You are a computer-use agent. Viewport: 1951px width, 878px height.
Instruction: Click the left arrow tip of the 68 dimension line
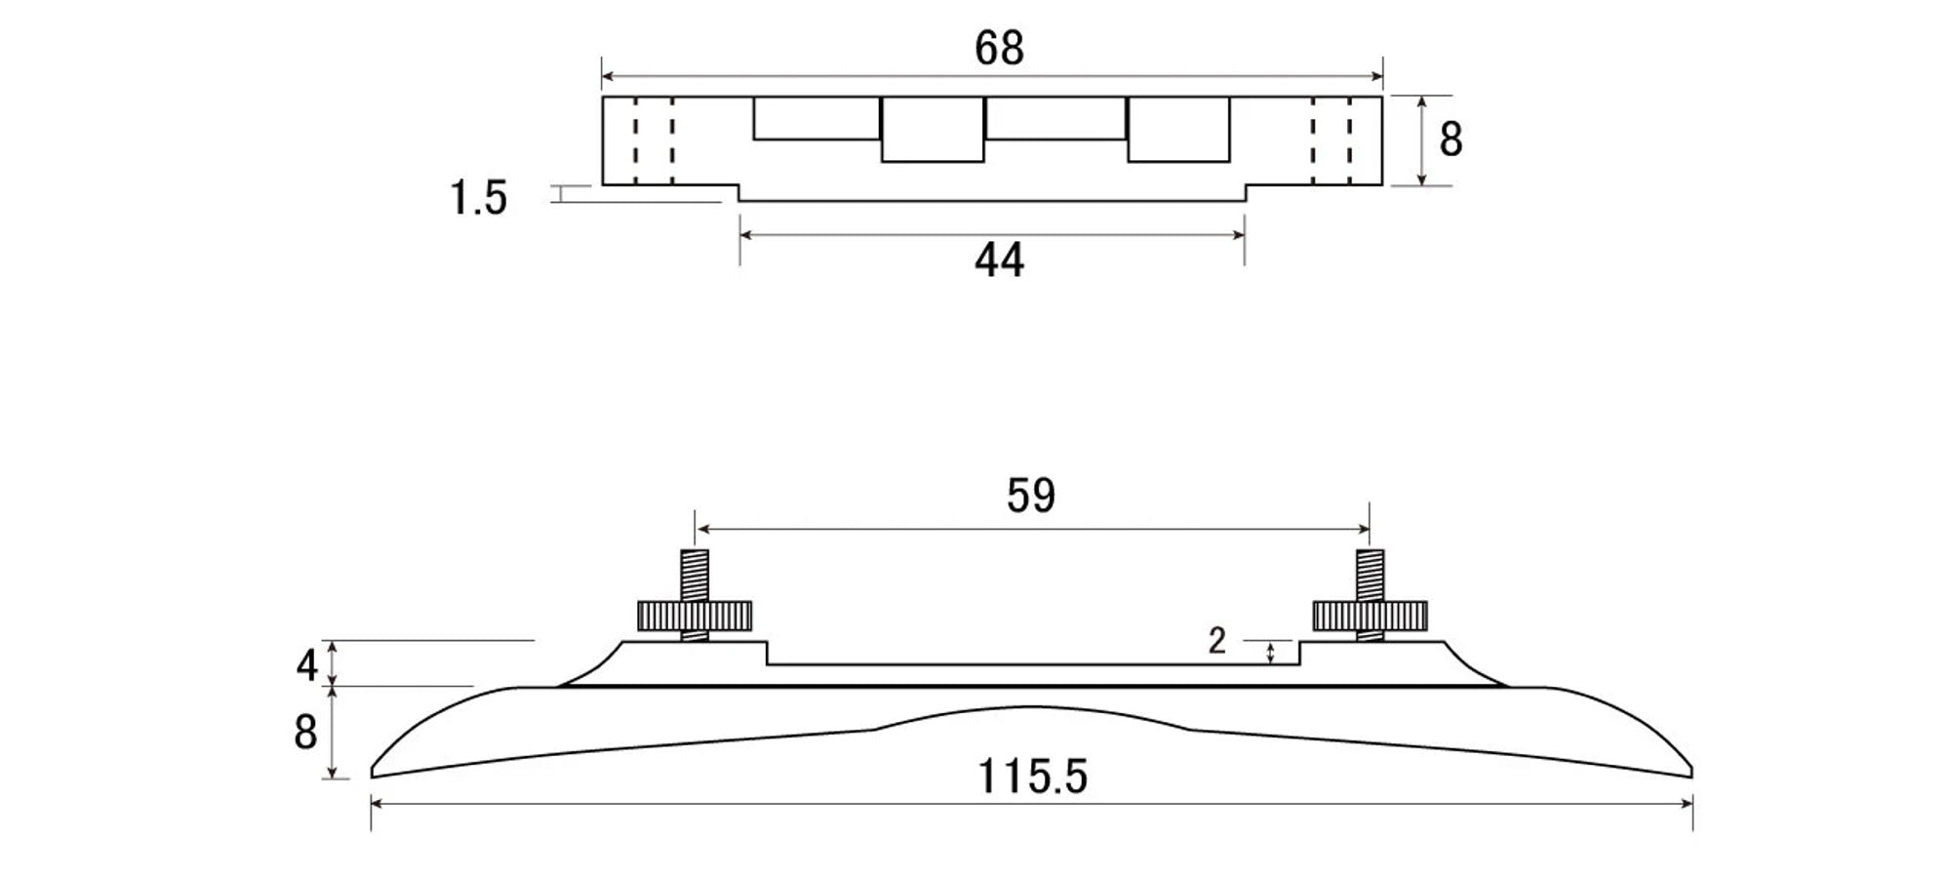click(x=603, y=75)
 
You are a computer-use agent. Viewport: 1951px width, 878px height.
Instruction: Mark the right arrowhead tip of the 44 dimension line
click(x=1245, y=234)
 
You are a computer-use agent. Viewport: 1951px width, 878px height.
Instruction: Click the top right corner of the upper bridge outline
click(x=1382, y=97)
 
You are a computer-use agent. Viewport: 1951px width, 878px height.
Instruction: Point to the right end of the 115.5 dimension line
click(x=1692, y=803)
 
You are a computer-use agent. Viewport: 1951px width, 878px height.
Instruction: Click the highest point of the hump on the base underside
click(x=1029, y=707)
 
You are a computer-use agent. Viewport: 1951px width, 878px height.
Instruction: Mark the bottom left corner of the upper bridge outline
click(x=603, y=184)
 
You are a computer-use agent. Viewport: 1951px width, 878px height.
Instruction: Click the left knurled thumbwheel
click(x=695, y=616)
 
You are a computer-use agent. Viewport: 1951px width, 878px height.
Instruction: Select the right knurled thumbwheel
click(x=1370, y=616)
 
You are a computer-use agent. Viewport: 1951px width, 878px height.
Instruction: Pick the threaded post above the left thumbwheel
click(x=695, y=576)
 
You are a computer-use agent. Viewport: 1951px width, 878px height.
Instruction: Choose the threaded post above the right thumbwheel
click(x=1370, y=576)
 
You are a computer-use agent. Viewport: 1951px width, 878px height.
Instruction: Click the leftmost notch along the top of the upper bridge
click(x=816, y=118)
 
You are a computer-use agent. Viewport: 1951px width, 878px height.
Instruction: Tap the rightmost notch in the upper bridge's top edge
click(x=1178, y=129)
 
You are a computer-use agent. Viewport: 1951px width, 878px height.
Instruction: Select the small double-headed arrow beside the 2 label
click(x=1270, y=653)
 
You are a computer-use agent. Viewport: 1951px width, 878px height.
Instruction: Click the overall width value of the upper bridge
click(x=999, y=47)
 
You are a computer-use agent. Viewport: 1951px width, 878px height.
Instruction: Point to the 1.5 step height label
click(x=478, y=198)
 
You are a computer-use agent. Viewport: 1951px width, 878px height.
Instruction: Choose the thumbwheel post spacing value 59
click(x=1031, y=496)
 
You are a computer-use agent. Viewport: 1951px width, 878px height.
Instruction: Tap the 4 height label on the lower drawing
click(x=307, y=666)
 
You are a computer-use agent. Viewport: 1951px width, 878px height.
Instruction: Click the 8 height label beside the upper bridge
click(x=1451, y=140)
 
